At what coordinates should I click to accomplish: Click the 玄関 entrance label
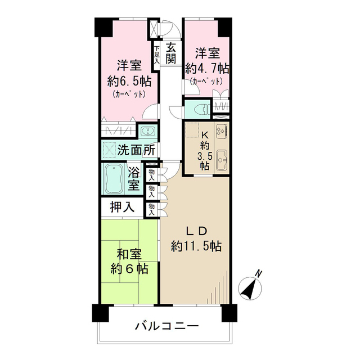(172, 53)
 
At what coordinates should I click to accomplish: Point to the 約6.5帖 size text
(129, 79)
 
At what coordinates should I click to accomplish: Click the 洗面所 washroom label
(136, 151)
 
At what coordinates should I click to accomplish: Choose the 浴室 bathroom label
(134, 178)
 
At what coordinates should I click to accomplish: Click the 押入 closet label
(121, 207)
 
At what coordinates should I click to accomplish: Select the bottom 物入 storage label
(152, 209)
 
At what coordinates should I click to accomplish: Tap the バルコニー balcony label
(166, 326)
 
